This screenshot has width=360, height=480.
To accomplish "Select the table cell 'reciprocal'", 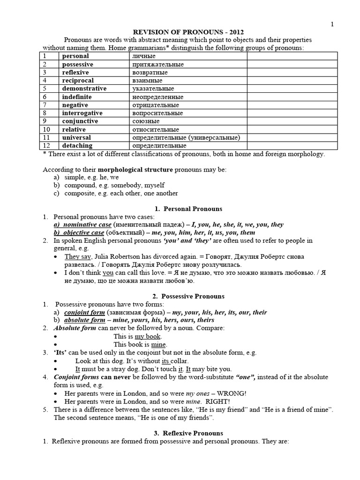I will (77, 81).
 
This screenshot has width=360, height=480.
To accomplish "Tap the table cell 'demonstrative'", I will (84, 89).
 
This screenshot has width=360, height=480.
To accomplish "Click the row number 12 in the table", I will (46, 146).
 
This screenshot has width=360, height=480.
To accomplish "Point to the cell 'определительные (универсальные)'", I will (187, 138).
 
